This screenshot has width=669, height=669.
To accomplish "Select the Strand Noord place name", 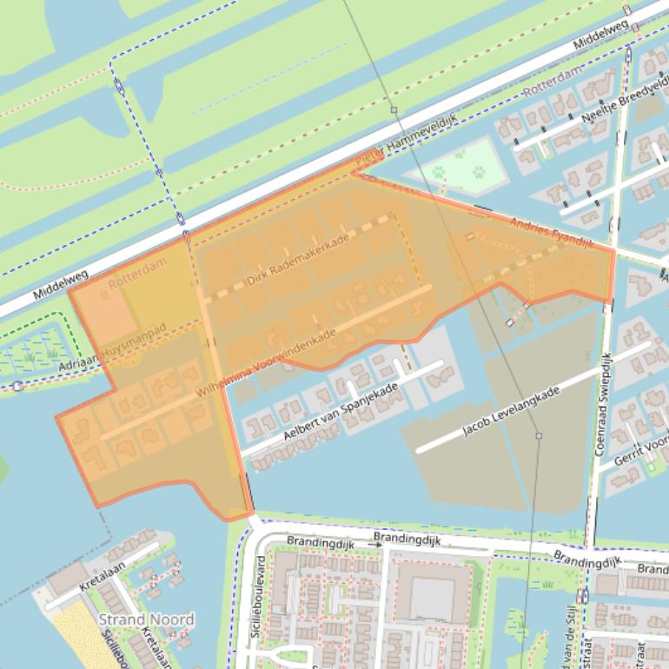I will click(x=146, y=619).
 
